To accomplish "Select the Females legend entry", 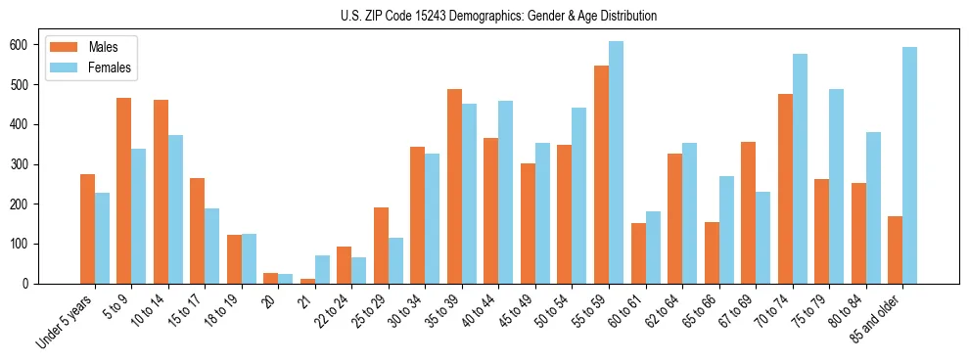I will (x=109, y=68).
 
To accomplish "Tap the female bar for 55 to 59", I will (x=616, y=162).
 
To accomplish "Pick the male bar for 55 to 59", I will (x=601, y=174).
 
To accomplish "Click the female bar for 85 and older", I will (x=909, y=165).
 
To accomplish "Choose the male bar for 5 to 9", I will (x=123, y=191).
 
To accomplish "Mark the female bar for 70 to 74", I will (x=800, y=168).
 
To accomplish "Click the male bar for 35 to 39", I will (x=454, y=186).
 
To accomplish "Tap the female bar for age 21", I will (x=322, y=269).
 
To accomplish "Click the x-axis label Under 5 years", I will (x=67, y=320).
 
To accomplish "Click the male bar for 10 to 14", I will (x=161, y=192).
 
